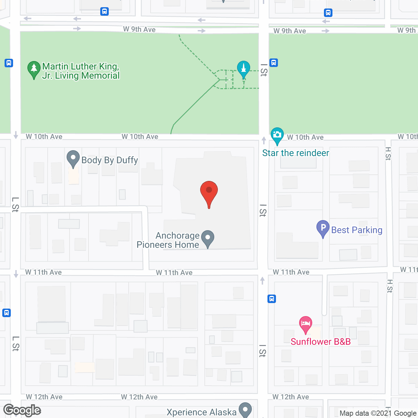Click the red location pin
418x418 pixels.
209,193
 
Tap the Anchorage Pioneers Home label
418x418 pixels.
168,240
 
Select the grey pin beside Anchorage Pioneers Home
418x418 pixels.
208,238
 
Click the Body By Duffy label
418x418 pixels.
110,160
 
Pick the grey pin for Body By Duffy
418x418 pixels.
73,158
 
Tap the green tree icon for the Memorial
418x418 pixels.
34,70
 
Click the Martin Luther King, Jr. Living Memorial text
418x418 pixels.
81,71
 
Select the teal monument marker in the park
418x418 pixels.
243,69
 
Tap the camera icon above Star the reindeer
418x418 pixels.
277,135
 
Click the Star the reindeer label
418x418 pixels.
296,153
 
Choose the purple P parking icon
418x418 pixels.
323,228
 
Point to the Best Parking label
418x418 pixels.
357,230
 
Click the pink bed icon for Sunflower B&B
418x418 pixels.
306,324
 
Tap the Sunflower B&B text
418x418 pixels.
321,342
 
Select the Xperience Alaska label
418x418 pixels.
201,412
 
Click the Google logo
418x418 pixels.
22,410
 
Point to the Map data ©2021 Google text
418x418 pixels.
378,413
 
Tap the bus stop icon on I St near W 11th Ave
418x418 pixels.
272,298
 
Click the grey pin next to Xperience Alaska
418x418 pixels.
245,410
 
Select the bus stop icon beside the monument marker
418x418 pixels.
274,62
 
